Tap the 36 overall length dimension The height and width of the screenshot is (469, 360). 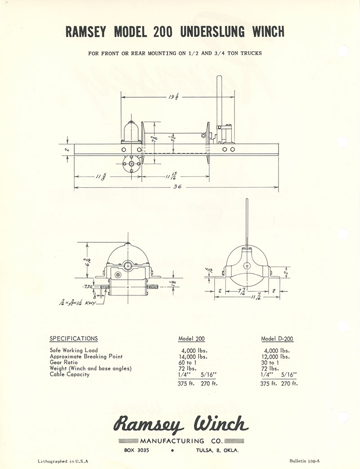177,187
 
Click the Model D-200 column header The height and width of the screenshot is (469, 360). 277,339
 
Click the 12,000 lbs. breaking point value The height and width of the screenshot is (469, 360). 275,357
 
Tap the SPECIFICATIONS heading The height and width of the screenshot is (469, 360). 73,339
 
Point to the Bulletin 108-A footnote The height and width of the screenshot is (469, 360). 305,461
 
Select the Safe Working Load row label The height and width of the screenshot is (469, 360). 74,350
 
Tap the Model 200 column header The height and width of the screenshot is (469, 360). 191,339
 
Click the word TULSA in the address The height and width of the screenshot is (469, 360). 206,451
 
